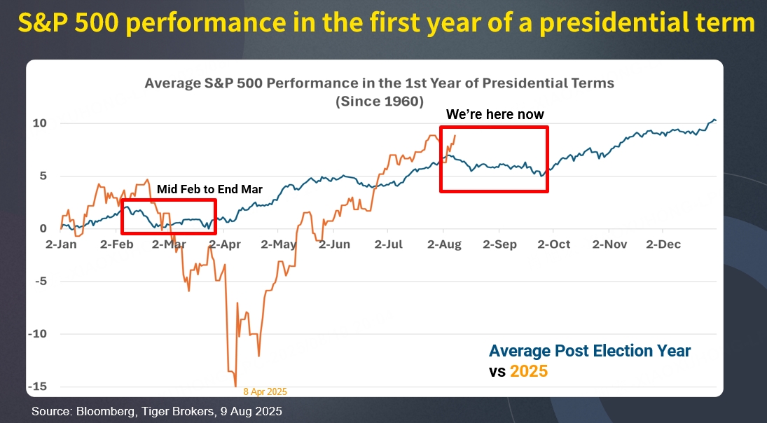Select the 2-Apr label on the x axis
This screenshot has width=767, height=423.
point(224,244)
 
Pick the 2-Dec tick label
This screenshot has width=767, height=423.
point(663,244)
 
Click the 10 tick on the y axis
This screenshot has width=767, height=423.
point(40,123)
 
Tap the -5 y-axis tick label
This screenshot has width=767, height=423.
point(40,282)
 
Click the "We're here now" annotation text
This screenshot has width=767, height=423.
point(495,114)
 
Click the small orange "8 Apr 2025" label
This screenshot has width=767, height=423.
point(265,392)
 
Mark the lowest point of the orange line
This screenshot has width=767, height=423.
point(235,385)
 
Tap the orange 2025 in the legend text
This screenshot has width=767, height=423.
point(528,372)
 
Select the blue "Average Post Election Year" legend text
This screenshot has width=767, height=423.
point(590,351)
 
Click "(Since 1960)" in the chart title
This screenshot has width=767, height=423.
point(379,101)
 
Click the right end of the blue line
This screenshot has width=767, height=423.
point(715,120)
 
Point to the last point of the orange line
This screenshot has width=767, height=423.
point(455,136)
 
